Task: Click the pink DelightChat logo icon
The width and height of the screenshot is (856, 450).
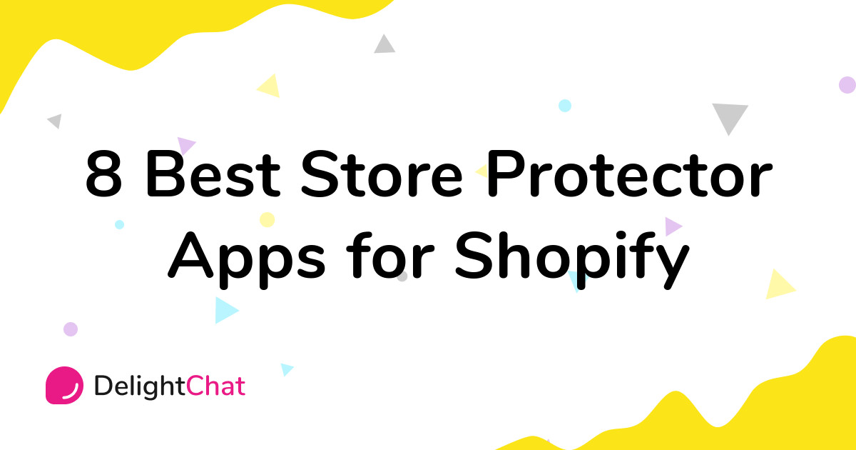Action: (x=64, y=386)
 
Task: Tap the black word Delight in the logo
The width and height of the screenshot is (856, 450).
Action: (x=140, y=386)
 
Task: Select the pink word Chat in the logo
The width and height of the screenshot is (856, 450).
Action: (x=216, y=386)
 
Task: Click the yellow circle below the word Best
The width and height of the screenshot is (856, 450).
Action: (x=267, y=219)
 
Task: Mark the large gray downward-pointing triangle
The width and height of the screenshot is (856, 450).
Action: (x=729, y=116)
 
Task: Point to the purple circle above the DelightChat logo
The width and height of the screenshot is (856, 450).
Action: (x=70, y=329)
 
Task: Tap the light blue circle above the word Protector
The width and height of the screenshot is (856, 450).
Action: (x=565, y=106)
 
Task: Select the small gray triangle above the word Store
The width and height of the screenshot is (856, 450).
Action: (x=385, y=44)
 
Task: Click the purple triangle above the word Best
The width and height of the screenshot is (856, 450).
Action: (x=185, y=145)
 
